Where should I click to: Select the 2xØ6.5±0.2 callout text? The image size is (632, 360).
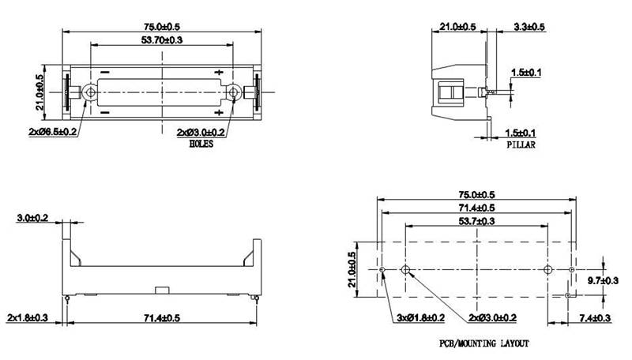[x=53, y=131]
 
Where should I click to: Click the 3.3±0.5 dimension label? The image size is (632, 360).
[x=529, y=27]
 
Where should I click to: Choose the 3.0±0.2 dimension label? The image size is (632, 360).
[x=32, y=216]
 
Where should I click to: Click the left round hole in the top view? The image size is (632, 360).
[x=92, y=92]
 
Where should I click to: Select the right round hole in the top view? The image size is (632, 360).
[x=235, y=92]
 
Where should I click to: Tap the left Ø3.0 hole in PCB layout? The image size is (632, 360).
[x=405, y=271]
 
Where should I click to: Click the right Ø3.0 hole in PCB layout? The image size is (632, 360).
[x=548, y=271]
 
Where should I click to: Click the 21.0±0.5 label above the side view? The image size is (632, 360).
[x=457, y=27]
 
